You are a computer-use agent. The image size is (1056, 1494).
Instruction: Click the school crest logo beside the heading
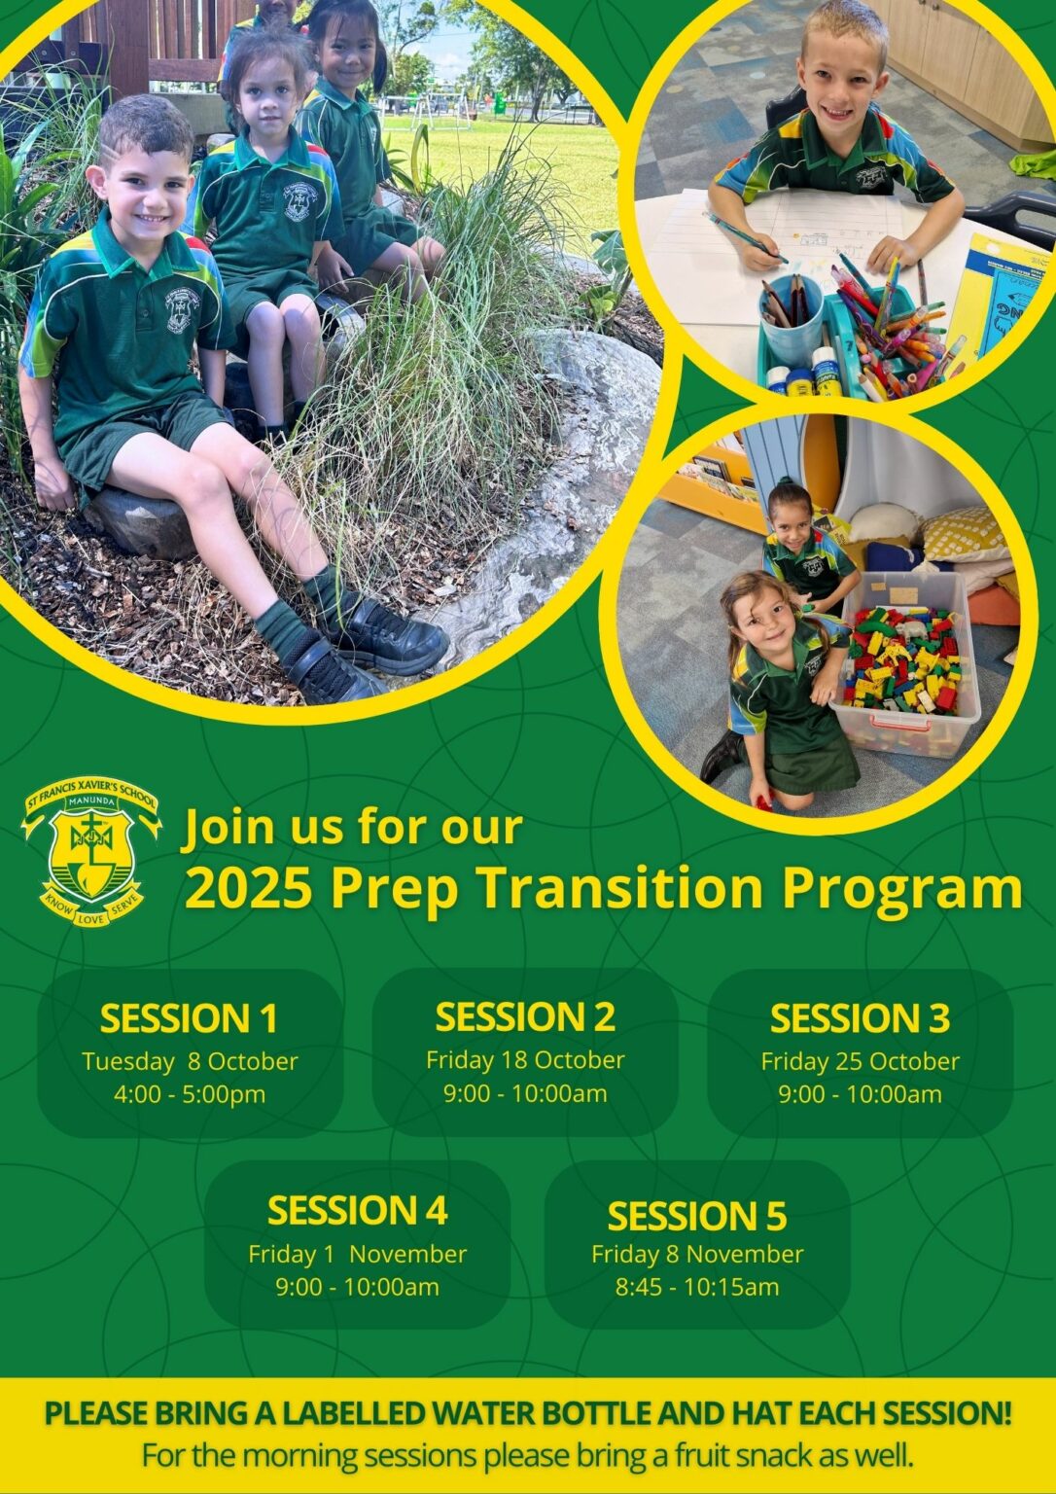[x=90, y=848]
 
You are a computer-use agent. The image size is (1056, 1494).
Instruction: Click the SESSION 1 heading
[x=189, y=1018]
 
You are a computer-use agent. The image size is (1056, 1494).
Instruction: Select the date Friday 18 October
[x=525, y=1059]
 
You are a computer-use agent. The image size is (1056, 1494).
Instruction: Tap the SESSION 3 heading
[x=860, y=1018]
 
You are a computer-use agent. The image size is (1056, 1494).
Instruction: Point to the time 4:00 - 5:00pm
[x=190, y=1094]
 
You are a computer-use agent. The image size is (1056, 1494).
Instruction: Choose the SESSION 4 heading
[x=357, y=1211]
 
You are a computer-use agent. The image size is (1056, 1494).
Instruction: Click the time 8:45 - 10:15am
[x=697, y=1287]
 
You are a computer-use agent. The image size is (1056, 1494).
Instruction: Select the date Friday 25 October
[x=860, y=1061]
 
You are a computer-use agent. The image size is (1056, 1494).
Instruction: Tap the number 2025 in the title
[x=248, y=887]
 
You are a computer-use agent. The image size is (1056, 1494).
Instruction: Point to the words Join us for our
[x=353, y=827]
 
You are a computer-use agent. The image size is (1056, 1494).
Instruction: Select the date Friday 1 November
[x=357, y=1254]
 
